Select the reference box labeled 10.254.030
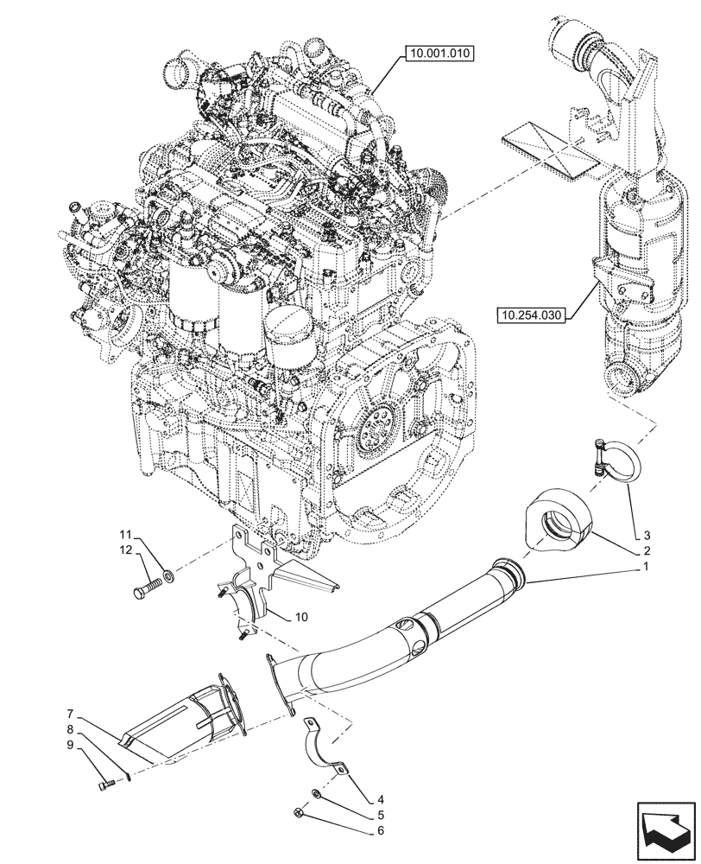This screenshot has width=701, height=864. pyautogui.click(x=530, y=316)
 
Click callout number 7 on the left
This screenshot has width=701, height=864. pyautogui.click(x=68, y=715)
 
